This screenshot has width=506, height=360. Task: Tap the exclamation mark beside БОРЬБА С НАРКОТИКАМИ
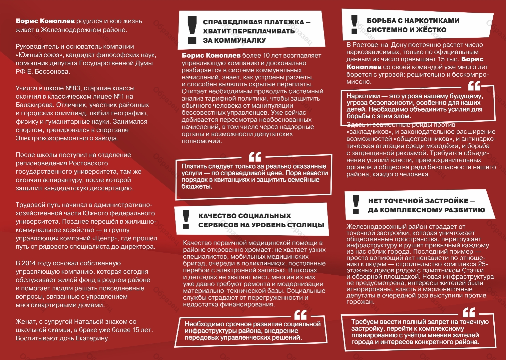354,24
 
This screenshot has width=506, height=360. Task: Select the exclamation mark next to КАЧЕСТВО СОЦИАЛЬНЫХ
186,219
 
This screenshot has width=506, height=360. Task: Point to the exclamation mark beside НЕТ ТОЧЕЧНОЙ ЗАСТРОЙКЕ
356,204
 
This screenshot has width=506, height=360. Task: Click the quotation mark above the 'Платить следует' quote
255,157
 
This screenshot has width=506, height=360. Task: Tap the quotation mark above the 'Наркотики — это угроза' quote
474,86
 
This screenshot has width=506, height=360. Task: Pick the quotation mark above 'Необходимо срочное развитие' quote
300,314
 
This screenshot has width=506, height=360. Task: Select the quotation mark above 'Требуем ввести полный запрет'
469,312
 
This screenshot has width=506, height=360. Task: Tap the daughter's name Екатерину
92,338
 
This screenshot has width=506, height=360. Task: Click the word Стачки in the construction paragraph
473,270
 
